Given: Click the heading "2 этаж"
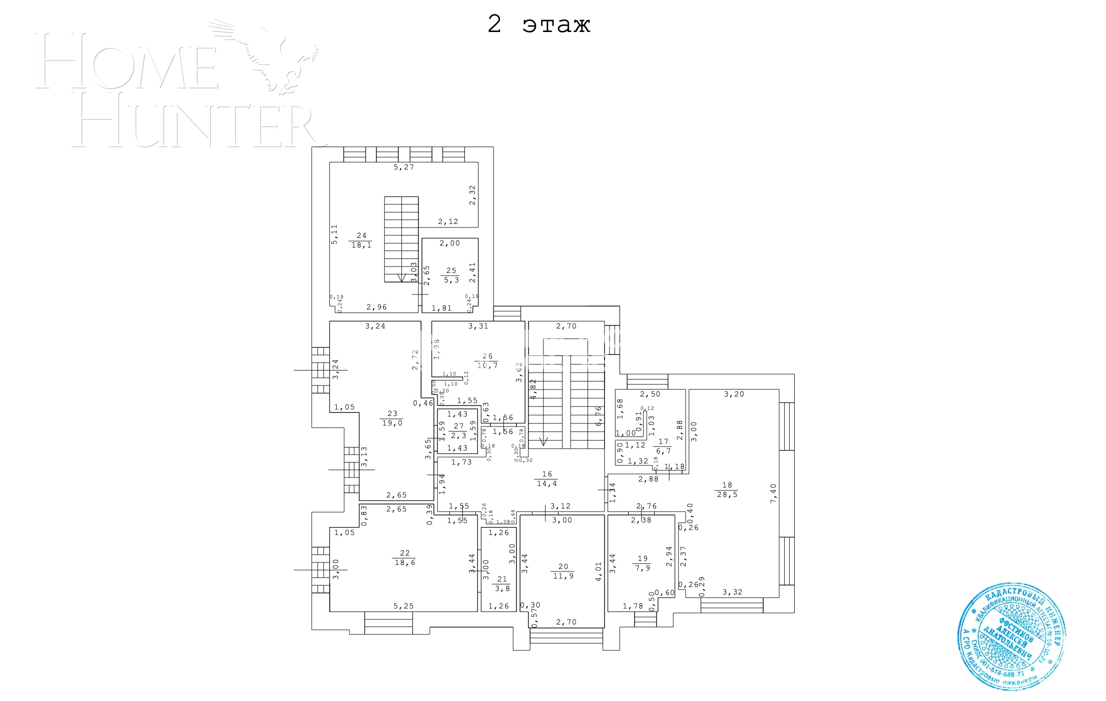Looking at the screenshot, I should pyautogui.click(x=539, y=24).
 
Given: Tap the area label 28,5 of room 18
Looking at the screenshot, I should pyautogui.click(x=727, y=494).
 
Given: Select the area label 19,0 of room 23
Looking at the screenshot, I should pyautogui.click(x=392, y=423).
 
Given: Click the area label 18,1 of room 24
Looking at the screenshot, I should pyautogui.click(x=361, y=245).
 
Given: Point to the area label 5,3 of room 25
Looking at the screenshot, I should pyautogui.click(x=451, y=280).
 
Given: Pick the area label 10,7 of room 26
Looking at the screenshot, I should pyautogui.click(x=487, y=365).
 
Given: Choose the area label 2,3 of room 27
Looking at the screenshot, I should pyautogui.click(x=458, y=435).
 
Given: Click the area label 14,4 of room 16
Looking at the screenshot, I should pyautogui.click(x=546, y=483).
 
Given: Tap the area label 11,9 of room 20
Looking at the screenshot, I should pyautogui.click(x=563, y=576).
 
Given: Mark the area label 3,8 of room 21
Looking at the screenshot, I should pyautogui.click(x=502, y=588).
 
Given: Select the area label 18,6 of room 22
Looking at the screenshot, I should pyautogui.click(x=404, y=562).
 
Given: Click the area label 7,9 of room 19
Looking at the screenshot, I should pyautogui.click(x=643, y=568).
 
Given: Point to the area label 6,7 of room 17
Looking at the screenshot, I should pyautogui.click(x=663, y=451).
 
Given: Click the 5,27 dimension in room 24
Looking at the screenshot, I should pyautogui.click(x=403, y=167).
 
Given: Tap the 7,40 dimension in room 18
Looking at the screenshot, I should pyautogui.click(x=773, y=493).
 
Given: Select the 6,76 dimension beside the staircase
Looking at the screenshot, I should pyautogui.click(x=599, y=415).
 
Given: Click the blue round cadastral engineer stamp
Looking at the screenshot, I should pyautogui.click(x=1011, y=636).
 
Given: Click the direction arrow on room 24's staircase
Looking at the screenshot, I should pyautogui.click(x=401, y=277).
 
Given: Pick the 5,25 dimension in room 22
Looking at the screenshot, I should pyautogui.click(x=403, y=606).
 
